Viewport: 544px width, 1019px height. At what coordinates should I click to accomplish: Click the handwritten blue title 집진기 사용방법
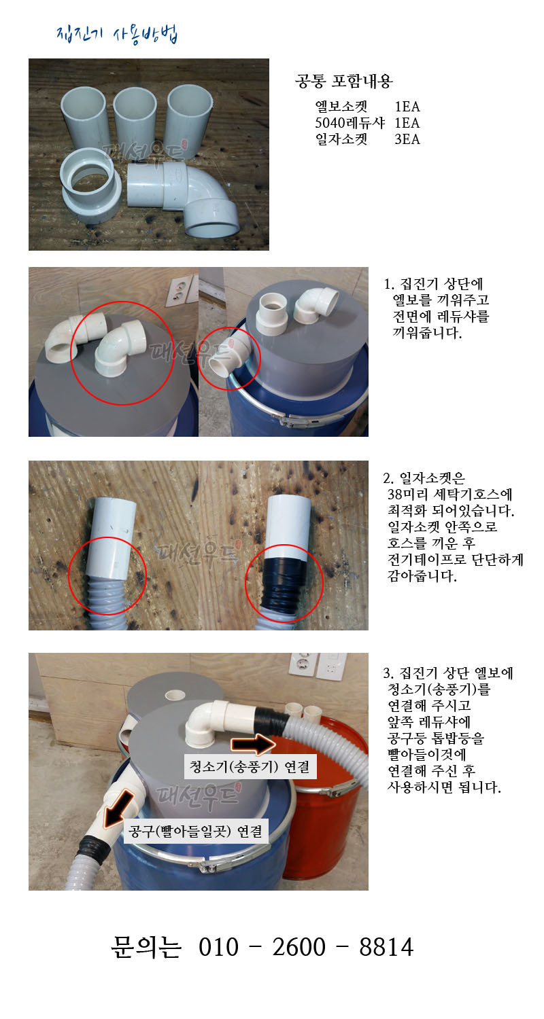117,34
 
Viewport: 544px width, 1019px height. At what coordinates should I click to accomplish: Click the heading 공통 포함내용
343,82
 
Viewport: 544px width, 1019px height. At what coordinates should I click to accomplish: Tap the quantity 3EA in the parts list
407,139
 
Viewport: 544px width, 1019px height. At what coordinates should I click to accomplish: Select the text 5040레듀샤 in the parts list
350,123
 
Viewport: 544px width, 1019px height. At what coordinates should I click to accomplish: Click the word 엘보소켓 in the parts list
341,107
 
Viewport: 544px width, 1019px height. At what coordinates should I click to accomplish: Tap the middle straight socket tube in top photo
135,118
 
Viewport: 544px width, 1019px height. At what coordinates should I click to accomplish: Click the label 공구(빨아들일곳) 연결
196,831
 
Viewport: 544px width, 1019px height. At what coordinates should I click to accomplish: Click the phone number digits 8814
386,947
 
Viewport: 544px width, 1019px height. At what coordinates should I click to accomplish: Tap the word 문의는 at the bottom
146,947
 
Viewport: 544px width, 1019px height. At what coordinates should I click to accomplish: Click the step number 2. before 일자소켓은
388,478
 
